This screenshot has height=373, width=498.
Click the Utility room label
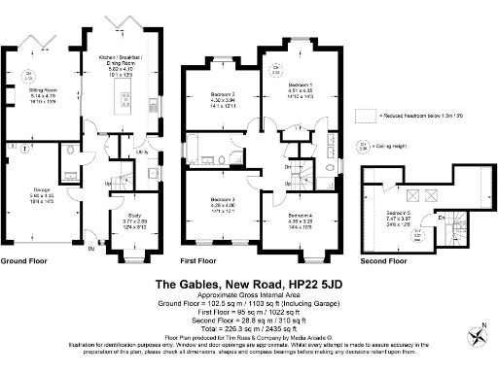point(140,153)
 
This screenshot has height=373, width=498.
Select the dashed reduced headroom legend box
point(366,116)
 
